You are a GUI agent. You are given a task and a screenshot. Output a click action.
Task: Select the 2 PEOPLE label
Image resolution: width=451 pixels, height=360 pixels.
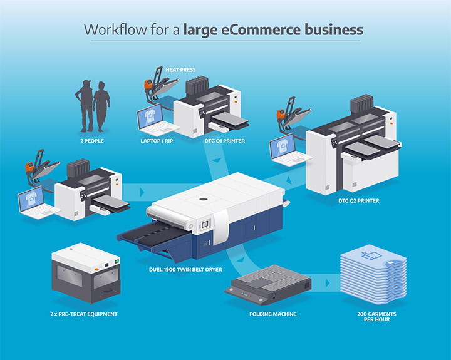pos(92,141)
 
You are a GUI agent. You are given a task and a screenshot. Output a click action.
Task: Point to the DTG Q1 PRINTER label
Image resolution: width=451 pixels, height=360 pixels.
pos(224,141)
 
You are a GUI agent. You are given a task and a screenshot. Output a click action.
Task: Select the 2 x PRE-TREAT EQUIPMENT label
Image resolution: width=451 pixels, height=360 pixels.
pos(84,314)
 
